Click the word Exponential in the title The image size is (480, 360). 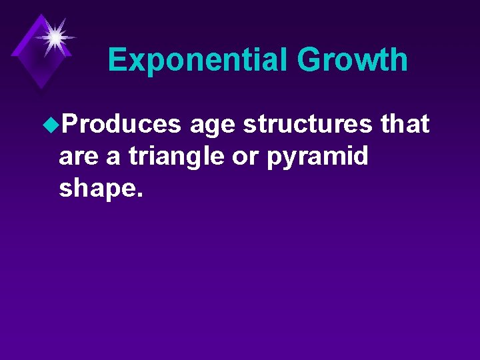click(x=199, y=60)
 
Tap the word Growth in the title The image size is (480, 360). click(x=353, y=60)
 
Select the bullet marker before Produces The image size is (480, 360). click(x=51, y=125)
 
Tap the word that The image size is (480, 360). click(x=405, y=124)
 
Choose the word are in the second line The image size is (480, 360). click(x=78, y=157)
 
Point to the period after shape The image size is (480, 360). click(x=139, y=196)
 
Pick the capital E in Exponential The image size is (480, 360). click(x=117, y=60)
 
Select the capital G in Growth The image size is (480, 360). click(x=310, y=60)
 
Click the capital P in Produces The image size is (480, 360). click(x=67, y=124)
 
